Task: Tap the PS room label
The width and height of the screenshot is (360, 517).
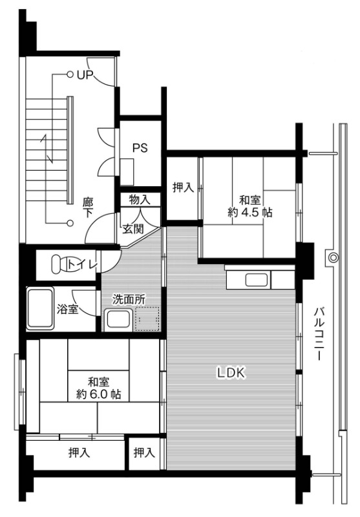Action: (x=140, y=148)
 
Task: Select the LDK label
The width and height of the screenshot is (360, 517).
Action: (x=229, y=372)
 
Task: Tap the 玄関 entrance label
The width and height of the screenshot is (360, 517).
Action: (x=134, y=228)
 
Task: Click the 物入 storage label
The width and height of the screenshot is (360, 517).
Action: (x=139, y=200)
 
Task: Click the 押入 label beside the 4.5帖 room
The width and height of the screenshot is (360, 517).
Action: (x=183, y=188)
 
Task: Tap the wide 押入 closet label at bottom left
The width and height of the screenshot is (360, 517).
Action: (x=79, y=453)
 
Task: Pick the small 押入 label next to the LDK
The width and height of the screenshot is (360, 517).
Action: (x=144, y=453)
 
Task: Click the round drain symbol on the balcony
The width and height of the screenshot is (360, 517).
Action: (x=333, y=258)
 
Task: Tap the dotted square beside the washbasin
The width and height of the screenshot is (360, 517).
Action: (x=146, y=319)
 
